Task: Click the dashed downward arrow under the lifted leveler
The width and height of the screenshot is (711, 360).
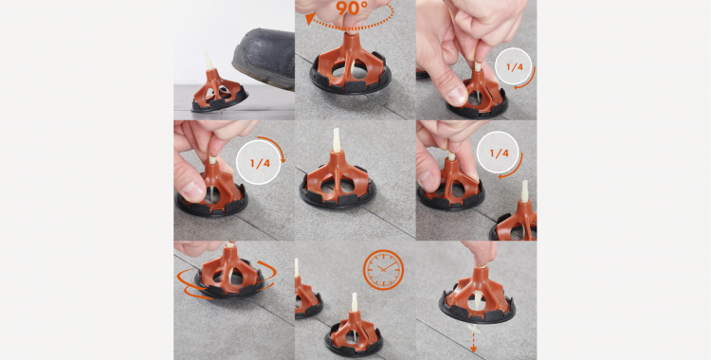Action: [473, 335]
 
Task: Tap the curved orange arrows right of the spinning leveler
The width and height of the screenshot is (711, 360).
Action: [269, 275]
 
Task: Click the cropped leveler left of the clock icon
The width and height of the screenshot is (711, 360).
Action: [306, 294]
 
